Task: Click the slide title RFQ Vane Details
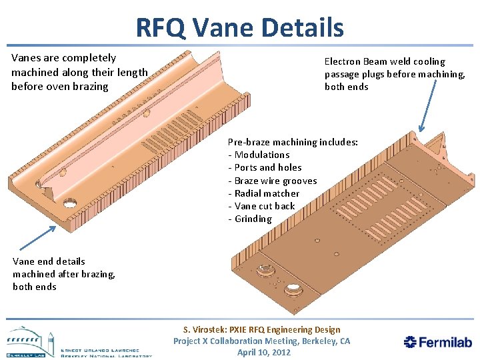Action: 239,28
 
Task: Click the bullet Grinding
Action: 253,219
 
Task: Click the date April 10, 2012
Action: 264,352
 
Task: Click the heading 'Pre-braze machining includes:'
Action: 293,142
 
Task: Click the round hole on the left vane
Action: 69,202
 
